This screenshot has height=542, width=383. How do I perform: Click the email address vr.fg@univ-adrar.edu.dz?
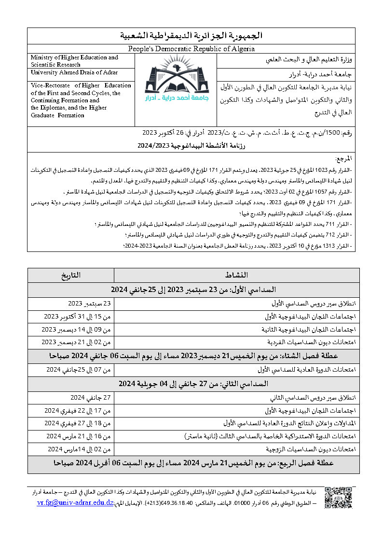coord(75,502)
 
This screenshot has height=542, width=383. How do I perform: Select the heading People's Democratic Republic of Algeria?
coord(191,49)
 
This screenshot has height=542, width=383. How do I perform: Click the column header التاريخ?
coord(71,275)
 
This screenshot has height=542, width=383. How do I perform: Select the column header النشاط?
coord(236,275)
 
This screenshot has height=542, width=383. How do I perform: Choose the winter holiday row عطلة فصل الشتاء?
coord(193,356)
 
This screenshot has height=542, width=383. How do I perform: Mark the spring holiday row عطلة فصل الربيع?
coord(193,462)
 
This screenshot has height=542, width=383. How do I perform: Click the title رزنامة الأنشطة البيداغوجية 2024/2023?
coord(191,144)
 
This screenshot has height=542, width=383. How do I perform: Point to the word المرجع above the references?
coord(343,159)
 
